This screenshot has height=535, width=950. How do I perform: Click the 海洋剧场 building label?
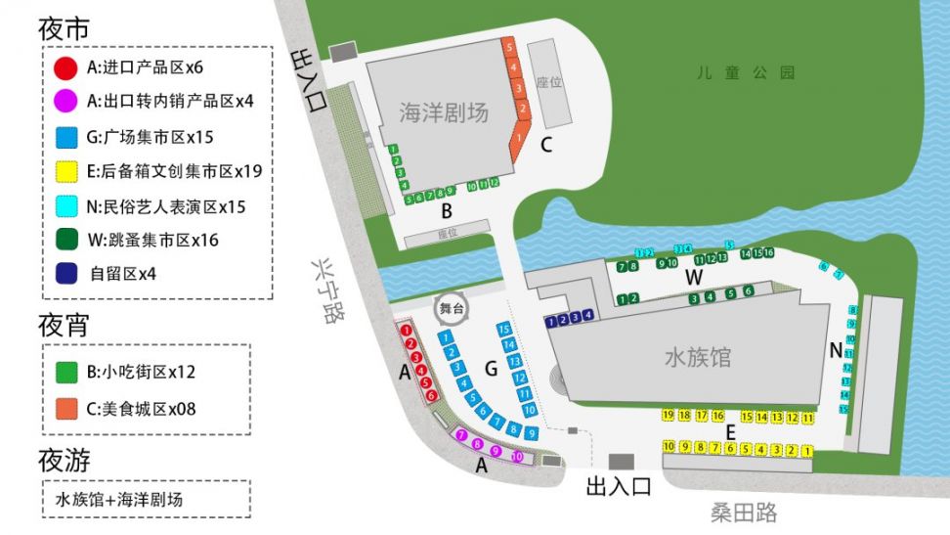[443, 112]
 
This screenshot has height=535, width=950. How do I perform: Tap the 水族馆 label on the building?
[697, 357]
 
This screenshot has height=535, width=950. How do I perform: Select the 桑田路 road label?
[743, 512]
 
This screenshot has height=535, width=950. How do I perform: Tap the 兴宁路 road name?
[322, 290]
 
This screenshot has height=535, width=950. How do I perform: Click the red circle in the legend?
[65, 68]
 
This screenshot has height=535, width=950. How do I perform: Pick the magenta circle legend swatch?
[65, 101]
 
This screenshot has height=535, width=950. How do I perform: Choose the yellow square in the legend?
[66, 172]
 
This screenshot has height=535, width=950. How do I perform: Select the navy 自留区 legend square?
[66, 274]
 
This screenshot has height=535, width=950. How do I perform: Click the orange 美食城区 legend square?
[66, 409]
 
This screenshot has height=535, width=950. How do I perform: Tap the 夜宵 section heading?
[64, 326]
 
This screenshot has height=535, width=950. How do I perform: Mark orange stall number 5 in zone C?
[509, 46]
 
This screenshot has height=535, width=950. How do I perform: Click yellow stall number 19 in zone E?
[669, 416]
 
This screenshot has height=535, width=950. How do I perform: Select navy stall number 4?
[587, 315]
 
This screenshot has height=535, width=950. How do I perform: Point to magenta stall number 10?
[517, 457]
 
